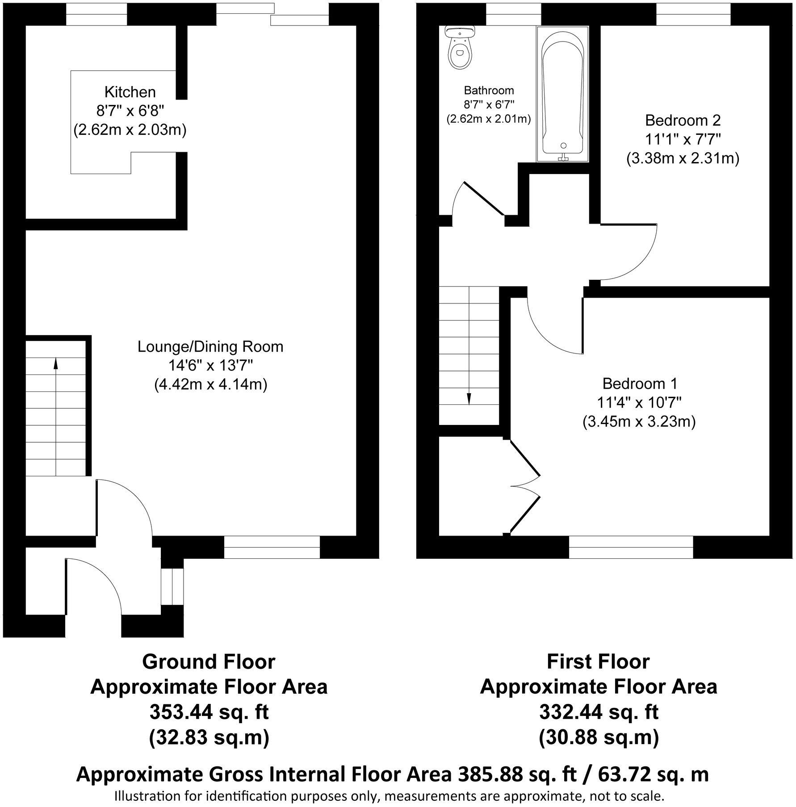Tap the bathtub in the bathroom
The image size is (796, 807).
562,94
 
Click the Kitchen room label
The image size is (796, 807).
130,92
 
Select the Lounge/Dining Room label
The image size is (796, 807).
210,346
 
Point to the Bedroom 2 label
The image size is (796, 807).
683,120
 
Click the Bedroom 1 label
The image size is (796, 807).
640,383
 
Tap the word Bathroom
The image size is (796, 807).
489,90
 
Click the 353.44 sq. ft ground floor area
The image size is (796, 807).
209,712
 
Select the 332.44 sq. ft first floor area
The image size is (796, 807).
599,712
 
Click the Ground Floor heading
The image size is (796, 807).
209,661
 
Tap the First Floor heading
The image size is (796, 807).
599,661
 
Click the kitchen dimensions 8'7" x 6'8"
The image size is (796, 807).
130,111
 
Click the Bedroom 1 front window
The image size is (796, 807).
631,547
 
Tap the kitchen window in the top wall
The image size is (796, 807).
96,14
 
